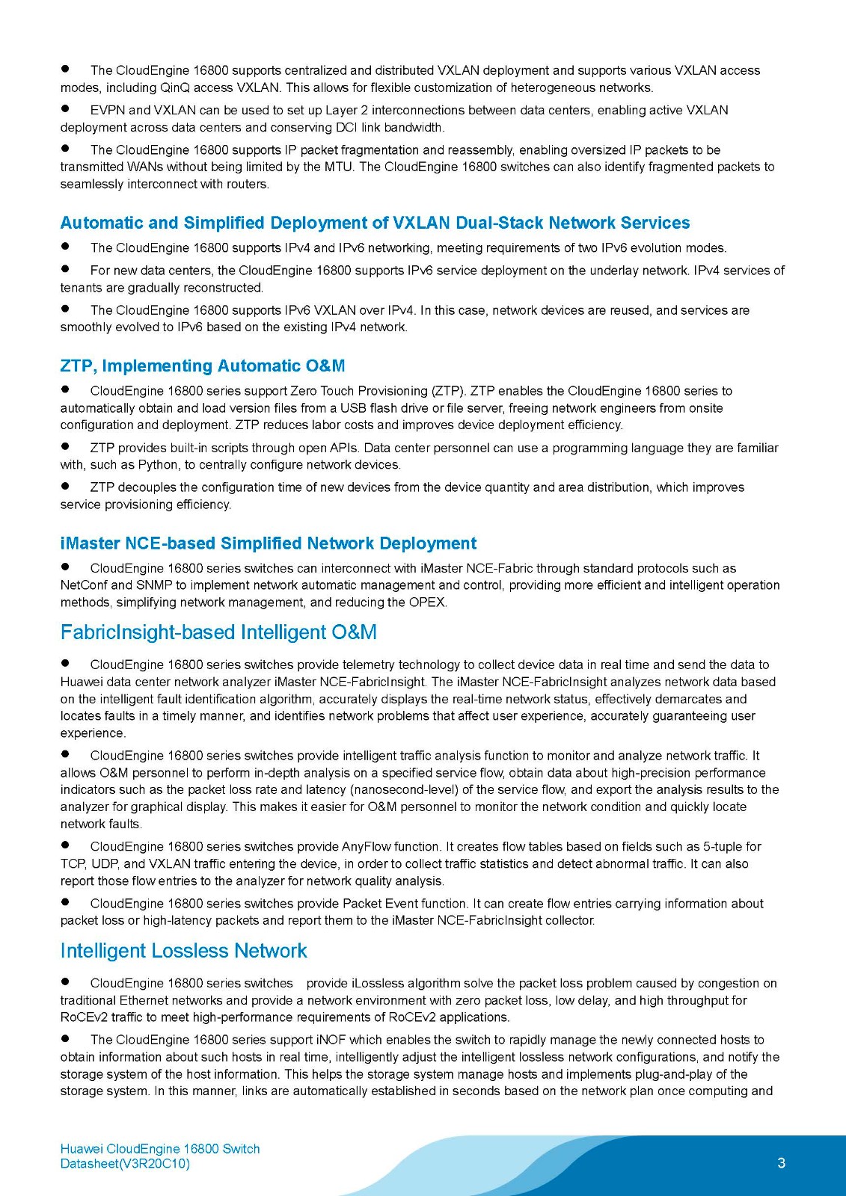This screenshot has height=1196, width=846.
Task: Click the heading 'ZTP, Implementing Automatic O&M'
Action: coord(203,366)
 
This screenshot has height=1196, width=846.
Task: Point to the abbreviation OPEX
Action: coord(427,602)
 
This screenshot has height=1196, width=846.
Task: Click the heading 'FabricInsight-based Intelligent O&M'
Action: coord(218,632)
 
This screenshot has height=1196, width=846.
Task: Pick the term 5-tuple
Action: coord(723,847)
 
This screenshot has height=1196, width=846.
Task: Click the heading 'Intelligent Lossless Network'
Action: coord(183,951)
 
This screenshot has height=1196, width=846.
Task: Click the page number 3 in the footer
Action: coord(782,1162)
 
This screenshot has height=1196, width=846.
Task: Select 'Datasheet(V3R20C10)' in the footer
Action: coord(125,1164)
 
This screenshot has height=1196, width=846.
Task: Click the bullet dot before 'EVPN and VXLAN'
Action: coord(65,108)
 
